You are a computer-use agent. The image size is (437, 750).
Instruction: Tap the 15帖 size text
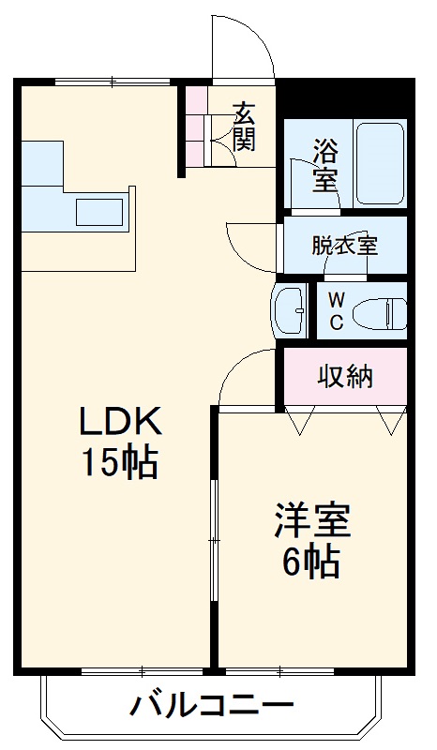coord(118,463)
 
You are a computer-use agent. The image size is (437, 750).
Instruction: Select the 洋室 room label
coord(313,522)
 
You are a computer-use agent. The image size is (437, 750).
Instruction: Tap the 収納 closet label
coord(344,377)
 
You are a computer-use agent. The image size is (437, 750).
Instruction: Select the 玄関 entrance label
coord(244,128)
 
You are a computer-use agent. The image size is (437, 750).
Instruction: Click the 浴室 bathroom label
coord(325,164)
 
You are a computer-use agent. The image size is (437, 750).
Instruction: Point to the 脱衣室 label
coord(344,247)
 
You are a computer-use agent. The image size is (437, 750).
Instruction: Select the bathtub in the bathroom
coord(380,161)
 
